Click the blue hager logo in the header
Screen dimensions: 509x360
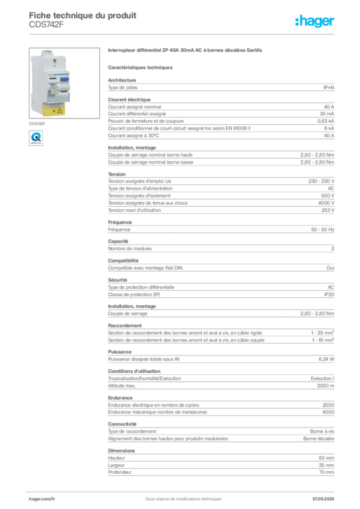(x=316, y=22)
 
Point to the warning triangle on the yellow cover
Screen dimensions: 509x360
(x=60, y=110)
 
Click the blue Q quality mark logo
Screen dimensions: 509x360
(x=35, y=137)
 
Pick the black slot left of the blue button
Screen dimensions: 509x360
(x=52, y=79)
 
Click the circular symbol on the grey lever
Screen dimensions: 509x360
(x=53, y=85)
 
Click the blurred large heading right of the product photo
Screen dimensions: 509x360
(x=184, y=51)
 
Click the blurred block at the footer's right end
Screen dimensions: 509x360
(x=326, y=495)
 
